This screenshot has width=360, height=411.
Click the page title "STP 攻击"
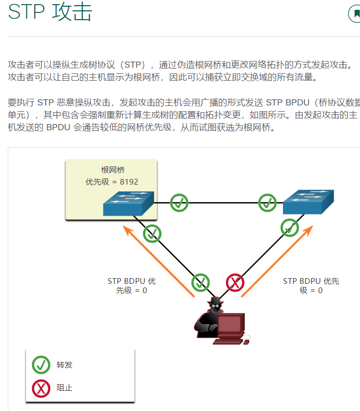point(50,12)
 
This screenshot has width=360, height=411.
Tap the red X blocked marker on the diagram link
point(235,283)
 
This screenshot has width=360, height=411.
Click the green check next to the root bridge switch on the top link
point(179,203)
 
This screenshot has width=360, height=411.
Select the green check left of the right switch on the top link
point(267,203)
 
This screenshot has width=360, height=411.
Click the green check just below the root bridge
point(152,234)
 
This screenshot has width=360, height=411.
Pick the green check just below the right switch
point(290,227)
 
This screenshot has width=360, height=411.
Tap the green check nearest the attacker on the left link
point(201,283)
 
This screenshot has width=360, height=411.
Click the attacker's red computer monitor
point(229,325)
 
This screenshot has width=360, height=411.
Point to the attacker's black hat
point(214,301)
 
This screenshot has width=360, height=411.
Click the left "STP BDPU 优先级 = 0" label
point(131,286)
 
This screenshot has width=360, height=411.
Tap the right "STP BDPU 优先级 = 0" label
point(311,286)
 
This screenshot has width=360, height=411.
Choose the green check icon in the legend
point(41,365)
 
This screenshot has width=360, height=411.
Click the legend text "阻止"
point(65,387)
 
